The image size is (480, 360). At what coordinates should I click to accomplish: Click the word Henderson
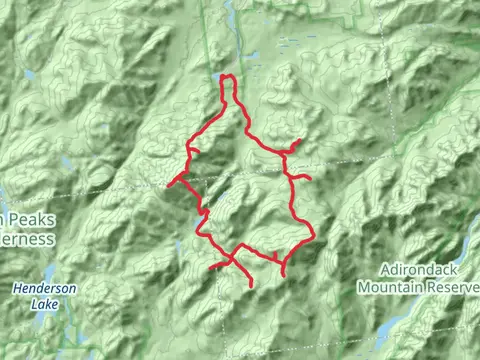pos(44,287)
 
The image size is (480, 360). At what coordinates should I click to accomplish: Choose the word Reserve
pos(455,286)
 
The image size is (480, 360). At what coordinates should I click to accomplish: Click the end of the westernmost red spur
pos(166,184)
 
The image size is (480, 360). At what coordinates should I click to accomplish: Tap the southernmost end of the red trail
pos(250,286)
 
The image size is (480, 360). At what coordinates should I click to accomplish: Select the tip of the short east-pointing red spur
pos(310,179)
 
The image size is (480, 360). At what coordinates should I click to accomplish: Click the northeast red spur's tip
pos(300,140)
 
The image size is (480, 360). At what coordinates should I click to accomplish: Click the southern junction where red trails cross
pos(234,257)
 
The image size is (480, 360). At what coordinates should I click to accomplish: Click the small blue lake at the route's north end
pos(219,75)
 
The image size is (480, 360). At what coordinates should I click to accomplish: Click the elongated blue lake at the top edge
pos(231,12)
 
